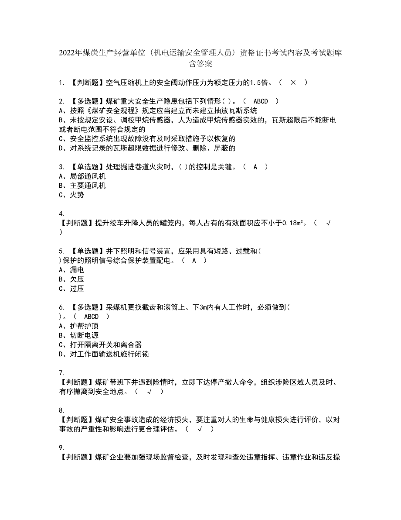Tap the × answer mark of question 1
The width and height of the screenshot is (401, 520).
[293, 82]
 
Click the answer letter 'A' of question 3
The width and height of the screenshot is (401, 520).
[255, 167]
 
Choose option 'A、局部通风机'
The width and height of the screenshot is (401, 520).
[82, 176]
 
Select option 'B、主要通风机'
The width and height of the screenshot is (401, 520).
[82, 186]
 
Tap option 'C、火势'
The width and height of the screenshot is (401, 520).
[71, 195]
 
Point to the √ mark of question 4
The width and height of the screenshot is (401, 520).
[328, 223]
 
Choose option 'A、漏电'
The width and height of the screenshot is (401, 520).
[71, 270]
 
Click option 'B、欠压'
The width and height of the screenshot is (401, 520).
[71, 279]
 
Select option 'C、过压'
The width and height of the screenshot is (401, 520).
[71, 289]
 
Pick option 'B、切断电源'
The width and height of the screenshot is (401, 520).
[78, 335]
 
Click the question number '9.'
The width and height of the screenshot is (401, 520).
[61, 448]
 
